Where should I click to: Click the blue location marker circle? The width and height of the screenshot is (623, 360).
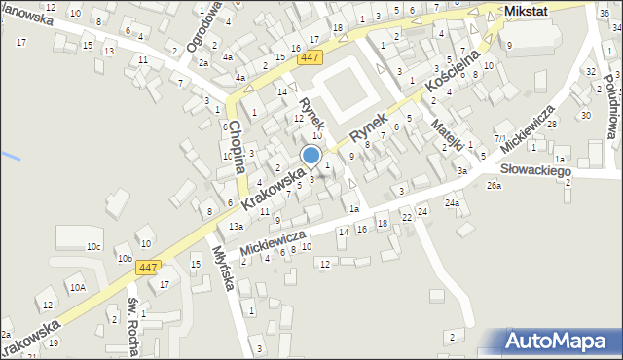pyautogui.click(x=311, y=155)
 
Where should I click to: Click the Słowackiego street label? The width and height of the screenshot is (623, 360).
pyautogui.click(x=531, y=170)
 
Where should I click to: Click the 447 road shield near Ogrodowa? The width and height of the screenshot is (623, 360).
pyautogui.click(x=310, y=58)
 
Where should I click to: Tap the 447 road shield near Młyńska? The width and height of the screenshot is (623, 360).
pyautogui.click(x=148, y=267)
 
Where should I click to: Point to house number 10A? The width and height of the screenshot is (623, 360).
pyautogui.click(x=77, y=287)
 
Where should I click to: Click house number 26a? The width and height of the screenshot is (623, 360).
pyautogui.click(x=495, y=185)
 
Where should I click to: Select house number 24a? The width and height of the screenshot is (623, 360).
pyautogui.click(x=452, y=202)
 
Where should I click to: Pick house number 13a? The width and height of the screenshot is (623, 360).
pyautogui.click(x=236, y=226)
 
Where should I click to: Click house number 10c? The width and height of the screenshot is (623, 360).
pyautogui.click(x=93, y=247)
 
